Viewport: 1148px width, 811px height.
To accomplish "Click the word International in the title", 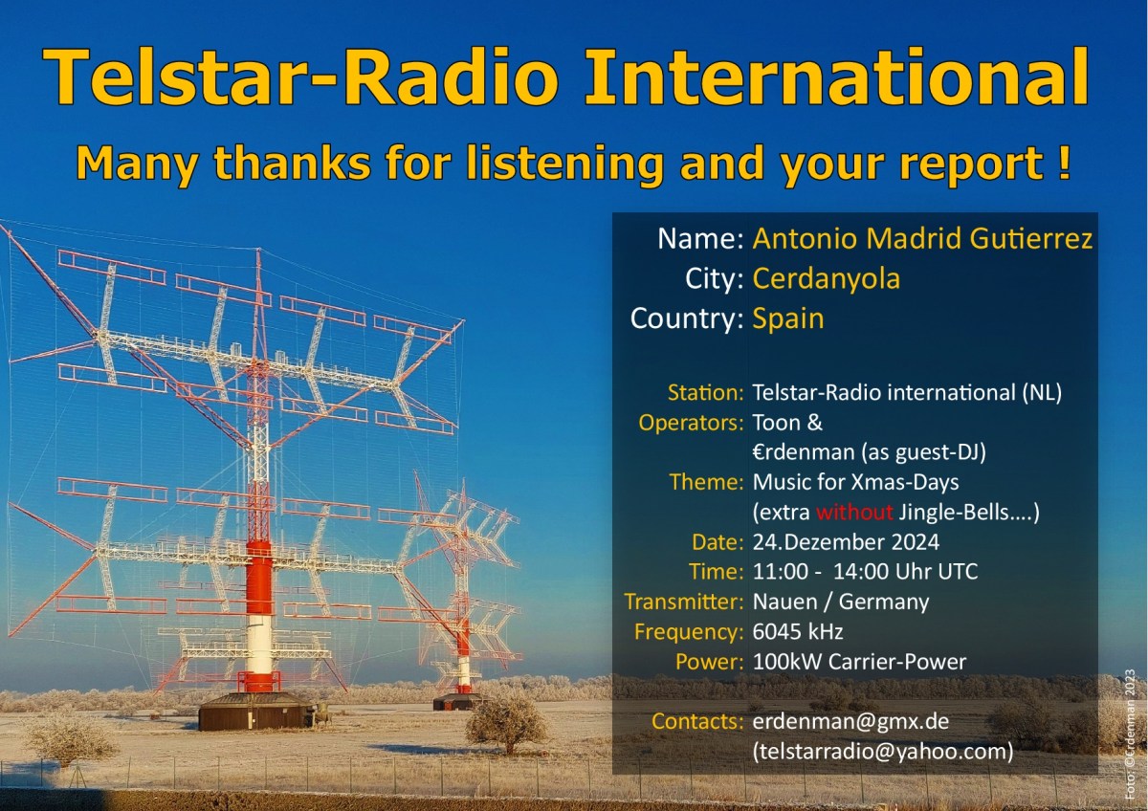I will (x=836, y=77).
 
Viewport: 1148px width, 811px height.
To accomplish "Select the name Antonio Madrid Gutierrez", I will (x=922, y=239).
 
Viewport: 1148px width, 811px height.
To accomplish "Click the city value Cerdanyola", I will (x=826, y=278).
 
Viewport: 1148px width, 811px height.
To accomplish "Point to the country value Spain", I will (x=787, y=318).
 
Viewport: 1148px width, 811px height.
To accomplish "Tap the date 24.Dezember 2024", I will (x=846, y=542).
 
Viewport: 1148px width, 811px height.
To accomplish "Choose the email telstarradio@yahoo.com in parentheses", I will (x=882, y=752).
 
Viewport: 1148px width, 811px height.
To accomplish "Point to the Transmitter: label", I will (x=683, y=603).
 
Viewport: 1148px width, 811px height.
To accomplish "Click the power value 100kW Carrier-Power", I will (x=859, y=662).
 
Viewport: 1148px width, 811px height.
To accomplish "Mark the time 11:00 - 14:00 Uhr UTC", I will (x=865, y=572).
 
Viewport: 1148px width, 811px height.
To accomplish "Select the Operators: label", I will (x=691, y=422).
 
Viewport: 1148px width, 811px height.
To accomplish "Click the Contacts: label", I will (x=696, y=721).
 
